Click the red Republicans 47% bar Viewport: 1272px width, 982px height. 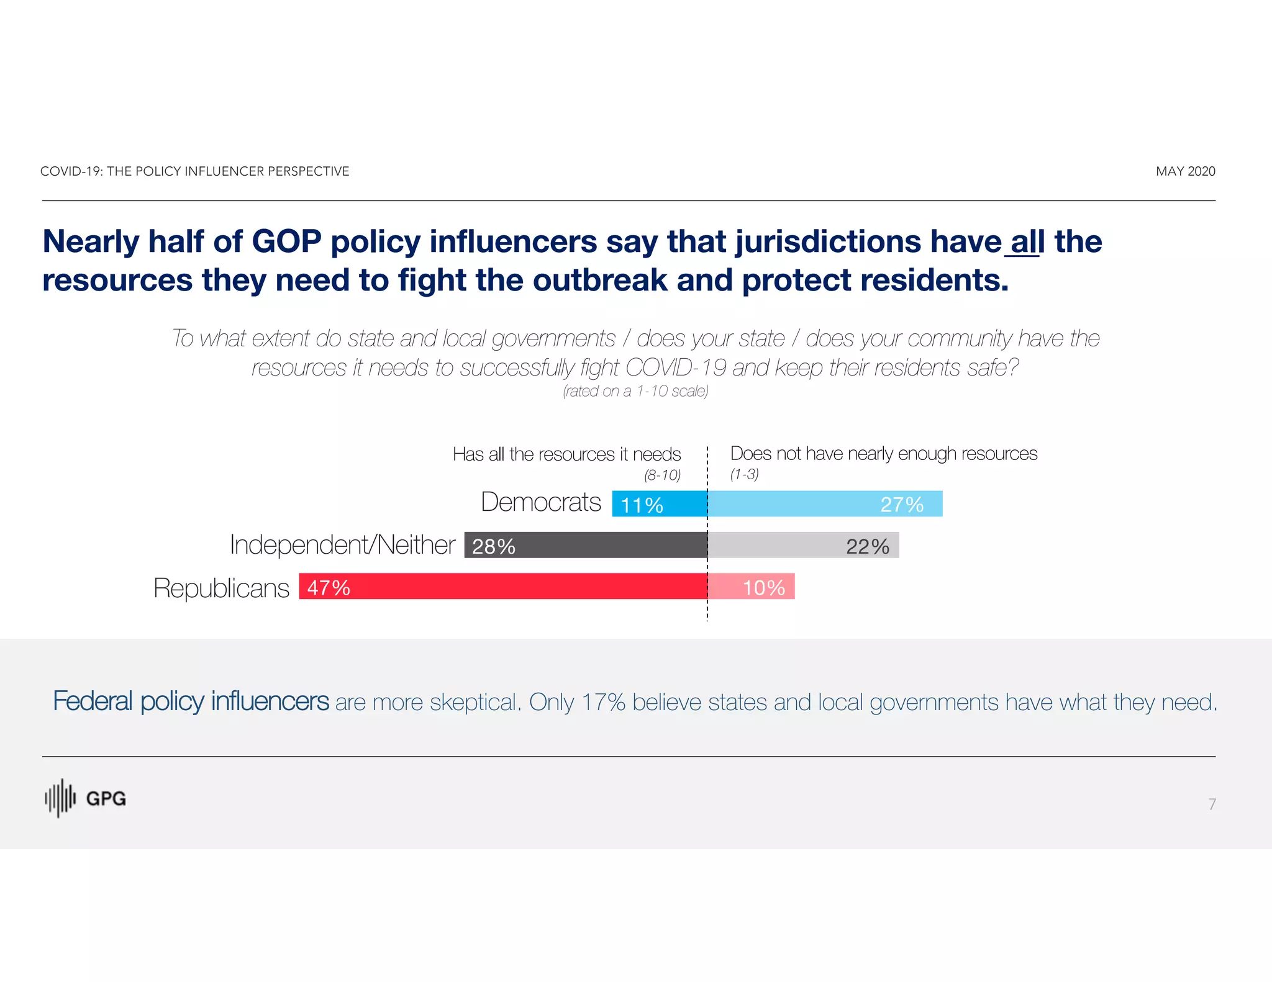pos(503,586)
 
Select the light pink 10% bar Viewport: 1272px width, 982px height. pos(752,586)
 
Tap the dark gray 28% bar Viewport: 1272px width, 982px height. pos(586,545)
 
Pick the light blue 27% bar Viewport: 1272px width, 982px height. pos(825,503)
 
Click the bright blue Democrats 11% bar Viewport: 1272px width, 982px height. pos(660,503)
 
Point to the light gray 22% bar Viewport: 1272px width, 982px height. pos(803,545)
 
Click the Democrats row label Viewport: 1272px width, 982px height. pos(540,502)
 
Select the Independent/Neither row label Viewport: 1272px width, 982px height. pos(342,545)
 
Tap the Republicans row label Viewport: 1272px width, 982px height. pos(221,588)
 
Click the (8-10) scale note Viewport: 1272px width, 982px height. pos(662,475)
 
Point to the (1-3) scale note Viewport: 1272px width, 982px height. pos(744,475)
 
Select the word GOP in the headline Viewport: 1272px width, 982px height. pos(286,242)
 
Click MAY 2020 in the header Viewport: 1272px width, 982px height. pos(1185,171)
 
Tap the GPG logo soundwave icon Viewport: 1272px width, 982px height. pos(60,798)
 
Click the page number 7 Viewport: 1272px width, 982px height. pos(1212,804)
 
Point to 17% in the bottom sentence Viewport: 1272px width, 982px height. pos(603,703)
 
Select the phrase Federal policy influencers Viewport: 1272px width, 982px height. pos(191,701)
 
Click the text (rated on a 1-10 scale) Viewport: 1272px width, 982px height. pos(635,391)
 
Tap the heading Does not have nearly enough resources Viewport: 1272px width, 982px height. pos(883,454)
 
